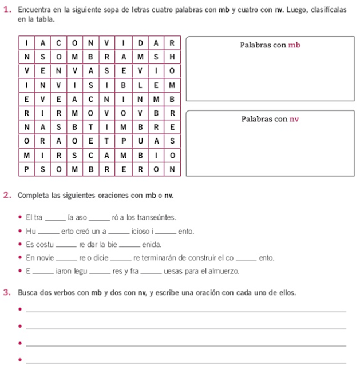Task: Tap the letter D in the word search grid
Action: pyautogui.click(x=140, y=42)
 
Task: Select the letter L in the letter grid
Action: pyautogui.click(x=140, y=85)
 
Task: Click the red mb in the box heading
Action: pyautogui.click(x=294, y=45)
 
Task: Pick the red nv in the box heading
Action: pyautogui.click(x=294, y=119)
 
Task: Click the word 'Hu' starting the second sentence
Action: pyautogui.click(x=31, y=231)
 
